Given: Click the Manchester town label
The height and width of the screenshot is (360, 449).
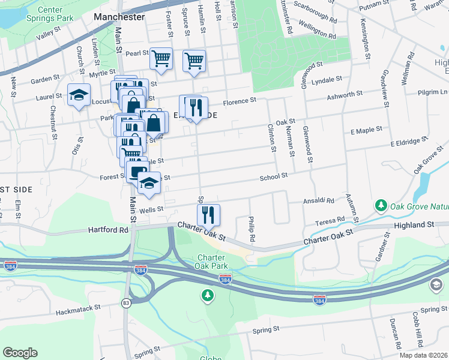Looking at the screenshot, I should click(x=119, y=17).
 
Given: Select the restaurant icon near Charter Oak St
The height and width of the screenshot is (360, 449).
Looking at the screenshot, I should click(x=208, y=214).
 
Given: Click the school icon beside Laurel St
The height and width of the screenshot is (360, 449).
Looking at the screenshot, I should click(x=79, y=96).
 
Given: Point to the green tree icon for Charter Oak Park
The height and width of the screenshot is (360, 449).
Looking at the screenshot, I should click(x=207, y=295).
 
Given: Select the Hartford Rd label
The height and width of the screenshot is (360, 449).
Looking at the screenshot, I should click(x=108, y=230).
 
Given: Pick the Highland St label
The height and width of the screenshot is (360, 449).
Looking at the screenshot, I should click(x=414, y=224).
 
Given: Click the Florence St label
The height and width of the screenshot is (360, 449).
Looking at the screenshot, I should click(x=241, y=101).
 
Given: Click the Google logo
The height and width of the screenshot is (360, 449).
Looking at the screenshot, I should click(x=20, y=353).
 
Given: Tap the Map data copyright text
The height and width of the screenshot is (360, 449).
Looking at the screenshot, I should click(x=423, y=355).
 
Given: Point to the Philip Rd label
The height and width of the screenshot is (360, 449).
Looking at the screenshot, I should click(x=252, y=229).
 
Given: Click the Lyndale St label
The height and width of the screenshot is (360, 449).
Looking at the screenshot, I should click(x=327, y=79).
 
